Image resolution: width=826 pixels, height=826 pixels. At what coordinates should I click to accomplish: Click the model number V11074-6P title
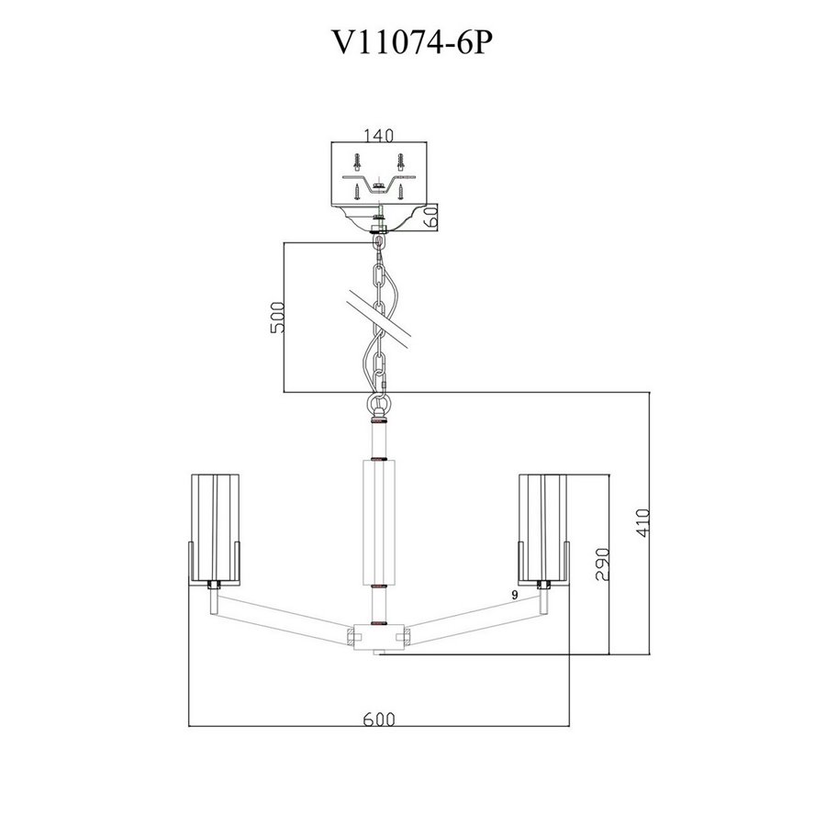tap(412, 42)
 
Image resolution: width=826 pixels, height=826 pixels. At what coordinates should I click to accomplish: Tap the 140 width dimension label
tap(379, 136)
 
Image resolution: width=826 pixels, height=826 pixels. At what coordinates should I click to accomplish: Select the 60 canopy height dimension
tap(431, 216)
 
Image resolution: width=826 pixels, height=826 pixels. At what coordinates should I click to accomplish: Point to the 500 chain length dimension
tap(277, 318)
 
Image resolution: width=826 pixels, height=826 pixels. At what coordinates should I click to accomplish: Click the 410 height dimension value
tap(643, 522)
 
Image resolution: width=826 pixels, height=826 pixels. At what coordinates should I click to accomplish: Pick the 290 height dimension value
tap(603, 564)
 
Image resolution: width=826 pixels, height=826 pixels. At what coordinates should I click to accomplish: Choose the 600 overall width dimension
tap(379, 719)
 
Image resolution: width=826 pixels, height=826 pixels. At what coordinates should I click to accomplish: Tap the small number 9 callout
tap(515, 595)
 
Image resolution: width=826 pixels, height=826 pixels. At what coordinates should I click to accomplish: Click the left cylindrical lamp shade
tap(215, 530)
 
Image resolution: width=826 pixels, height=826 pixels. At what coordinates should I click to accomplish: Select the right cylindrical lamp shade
tap(543, 530)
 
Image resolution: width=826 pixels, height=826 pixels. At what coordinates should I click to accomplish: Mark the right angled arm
tap(474, 617)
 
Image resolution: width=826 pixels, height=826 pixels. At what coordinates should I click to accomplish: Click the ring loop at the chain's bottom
tap(378, 407)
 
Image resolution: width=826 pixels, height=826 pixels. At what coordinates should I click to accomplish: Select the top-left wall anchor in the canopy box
tap(358, 162)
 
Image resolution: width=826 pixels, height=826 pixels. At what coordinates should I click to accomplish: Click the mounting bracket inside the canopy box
tap(378, 184)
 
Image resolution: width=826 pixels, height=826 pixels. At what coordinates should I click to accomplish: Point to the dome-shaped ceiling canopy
tap(378, 218)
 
